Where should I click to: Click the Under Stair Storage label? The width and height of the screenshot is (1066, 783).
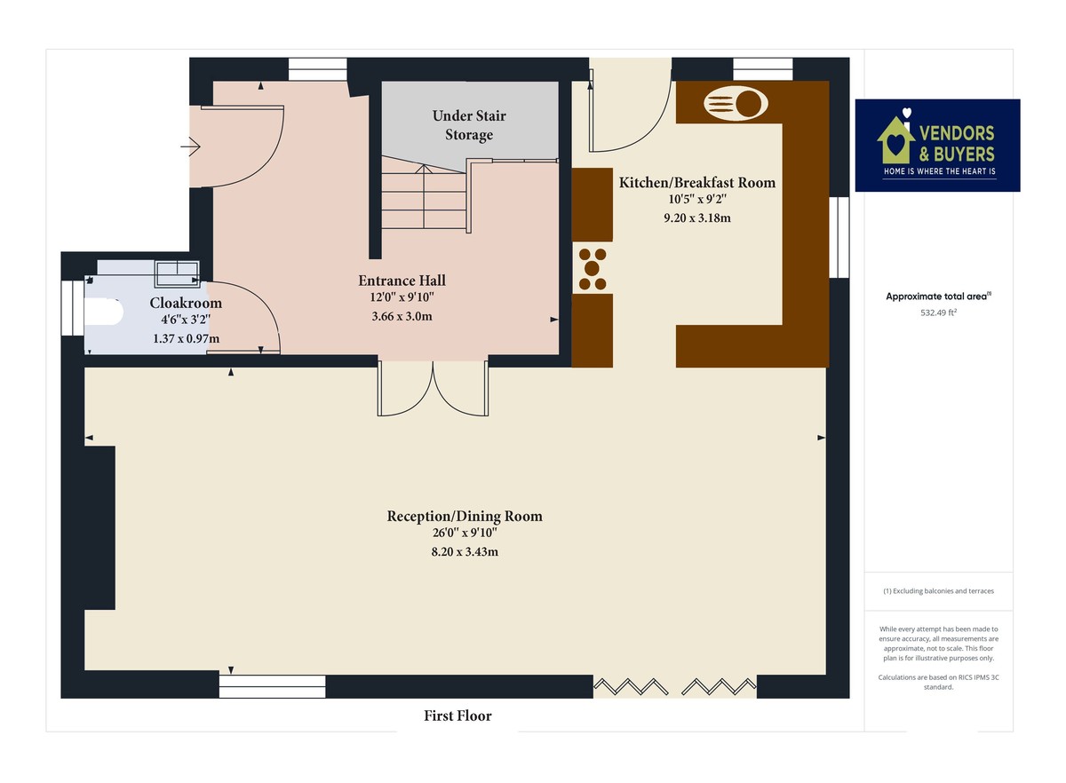469,125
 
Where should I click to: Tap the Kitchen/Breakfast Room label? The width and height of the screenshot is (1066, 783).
696,183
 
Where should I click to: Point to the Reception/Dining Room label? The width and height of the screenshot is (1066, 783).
464,516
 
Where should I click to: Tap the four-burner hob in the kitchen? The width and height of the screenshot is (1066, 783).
593,268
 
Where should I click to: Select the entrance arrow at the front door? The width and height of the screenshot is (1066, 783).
190,146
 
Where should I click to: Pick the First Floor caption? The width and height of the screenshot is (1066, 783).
457,716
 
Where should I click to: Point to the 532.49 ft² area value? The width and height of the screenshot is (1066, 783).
937,312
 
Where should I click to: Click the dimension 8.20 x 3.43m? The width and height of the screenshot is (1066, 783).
464,551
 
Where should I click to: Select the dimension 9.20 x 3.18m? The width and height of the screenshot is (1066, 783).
696,217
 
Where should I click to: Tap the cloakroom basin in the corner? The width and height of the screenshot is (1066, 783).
177,269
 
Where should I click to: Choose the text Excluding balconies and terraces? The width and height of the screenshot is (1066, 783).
938,591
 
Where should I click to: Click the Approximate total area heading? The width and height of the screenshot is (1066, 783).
938,297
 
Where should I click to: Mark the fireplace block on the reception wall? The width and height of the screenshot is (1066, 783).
99,527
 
